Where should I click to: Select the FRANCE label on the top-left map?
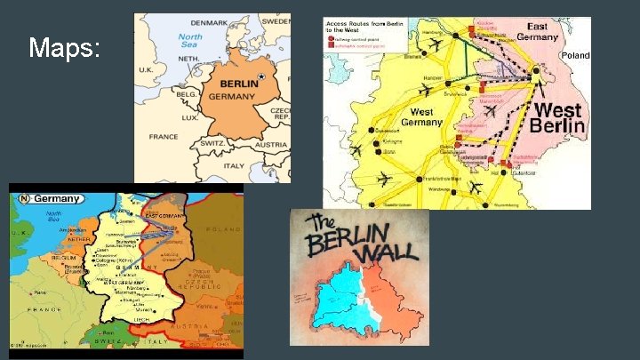pyautogui.click(x=164, y=136)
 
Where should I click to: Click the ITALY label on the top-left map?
pyautogui.click(x=234, y=164)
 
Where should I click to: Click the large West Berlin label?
pyautogui.click(x=557, y=119)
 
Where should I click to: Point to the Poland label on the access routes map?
pyautogui.click(x=573, y=54)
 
